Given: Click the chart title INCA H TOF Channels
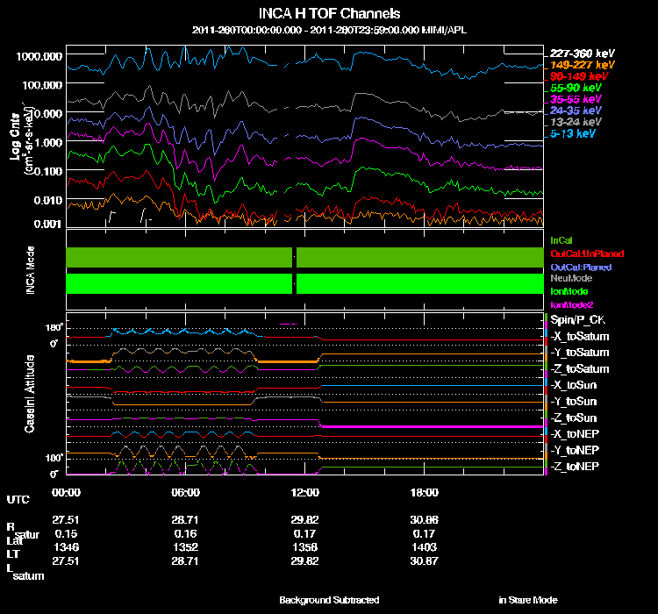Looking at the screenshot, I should [x=330, y=14].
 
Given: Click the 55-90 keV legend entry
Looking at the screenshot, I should [x=576, y=89].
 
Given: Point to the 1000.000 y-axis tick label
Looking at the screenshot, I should [x=39, y=55].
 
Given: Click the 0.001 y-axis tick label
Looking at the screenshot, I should [x=45, y=224].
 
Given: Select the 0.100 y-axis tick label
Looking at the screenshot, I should [x=45, y=171].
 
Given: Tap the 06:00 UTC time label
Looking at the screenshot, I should [x=186, y=492].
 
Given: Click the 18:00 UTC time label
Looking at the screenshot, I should [x=425, y=492].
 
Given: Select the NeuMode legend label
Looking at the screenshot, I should [x=570, y=278].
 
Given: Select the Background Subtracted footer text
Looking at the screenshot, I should [x=329, y=600].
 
